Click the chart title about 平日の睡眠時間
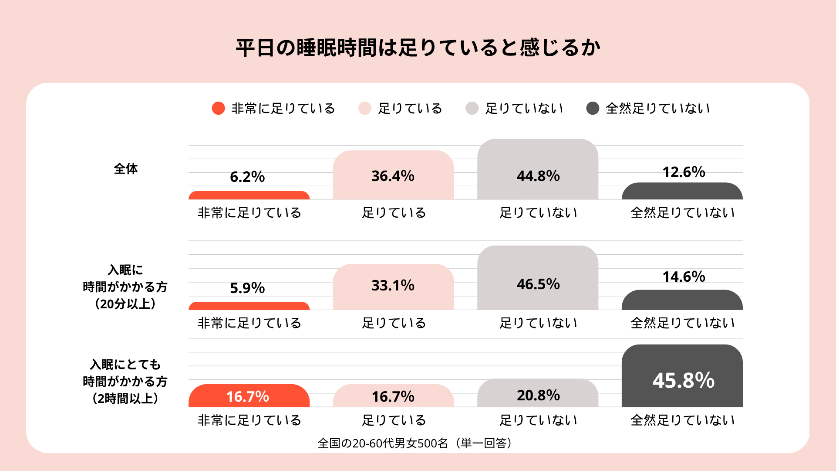pyautogui.click(x=418, y=48)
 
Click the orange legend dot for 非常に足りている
pyautogui.click(x=218, y=108)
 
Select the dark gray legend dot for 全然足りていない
pyautogui.click(x=593, y=108)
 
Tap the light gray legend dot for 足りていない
pyautogui.click(x=472, y=108)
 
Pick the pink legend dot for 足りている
pyautogui.click(x=365, y=108)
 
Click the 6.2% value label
pyautogui.click(x=247, y=177)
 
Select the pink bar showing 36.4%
pyautogui.click(x=394, y=175)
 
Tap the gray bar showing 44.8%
pyautogui.click(x=538, y=169)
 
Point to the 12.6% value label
pyautogui.click(x=684, y=172)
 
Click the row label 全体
pyautogui.click(x=126, y=169)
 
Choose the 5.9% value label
pyautogui.click(x=247, y=288)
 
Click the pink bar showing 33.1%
pyautogui.click(x=394, y=287)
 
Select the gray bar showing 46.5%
pyautogui.click(x=538, y=278)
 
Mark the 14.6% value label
pyautogui.click(x=684, y=276)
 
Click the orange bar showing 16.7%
pyautogui.click(x=249, y=396)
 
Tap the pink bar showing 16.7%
pyautogui.click(x=394, y=396)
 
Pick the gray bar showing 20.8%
pyautogui.click(x=538, y=393)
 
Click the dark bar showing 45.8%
pyautogui.click(x=682, y=376)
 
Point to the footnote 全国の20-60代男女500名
pyautogui.click(x=383, y=443)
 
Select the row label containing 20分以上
pyautogui.click(x=125, y=287)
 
